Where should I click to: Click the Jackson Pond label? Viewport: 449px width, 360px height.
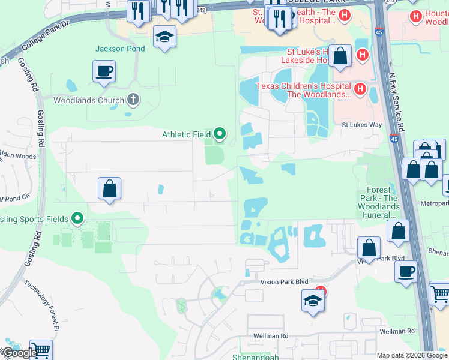pyautogui.click(x=121, y=49)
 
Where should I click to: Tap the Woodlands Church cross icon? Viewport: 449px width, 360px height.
pyautogui.click(x=133, y=100)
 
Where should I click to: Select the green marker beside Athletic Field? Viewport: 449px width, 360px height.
pyautogui.click(x=220, y=134)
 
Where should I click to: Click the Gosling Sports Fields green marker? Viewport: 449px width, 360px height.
pyautogui.click(x=77, y=218)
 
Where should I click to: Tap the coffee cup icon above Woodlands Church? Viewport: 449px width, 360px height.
pyautogui.click(x=104, y=71)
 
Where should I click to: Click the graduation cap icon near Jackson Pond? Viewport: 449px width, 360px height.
pyautogui.click(x=164, y=37)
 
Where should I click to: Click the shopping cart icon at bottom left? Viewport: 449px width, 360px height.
pyautogui.click(x=41, y=350)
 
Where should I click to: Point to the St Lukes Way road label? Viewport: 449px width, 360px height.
pyautogui.click(x=362, y=125)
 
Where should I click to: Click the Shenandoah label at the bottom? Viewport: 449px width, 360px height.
pyautogui.click(x=255, y=356)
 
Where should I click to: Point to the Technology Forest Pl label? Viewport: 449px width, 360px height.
pyautogui.click(x=42, y=305)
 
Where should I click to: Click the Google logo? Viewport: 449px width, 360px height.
pyautogui.click(x=19, y=353)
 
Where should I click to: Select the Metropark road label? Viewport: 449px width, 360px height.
pyautogui.click(x=433, y=203)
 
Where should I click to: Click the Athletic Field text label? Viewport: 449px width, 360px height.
pyautogui.click(x=187, y=134)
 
